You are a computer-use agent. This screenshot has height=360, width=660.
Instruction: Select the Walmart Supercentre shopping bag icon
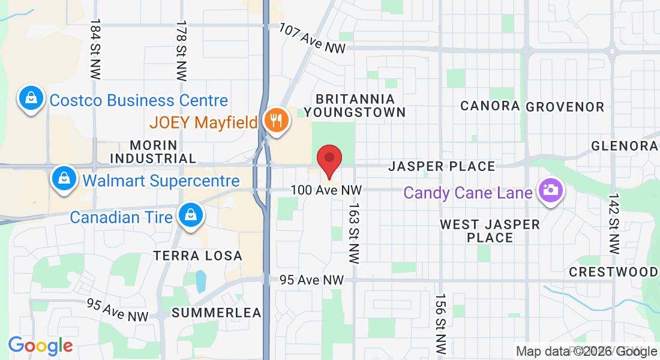pyautogui.click(x=63, y=179)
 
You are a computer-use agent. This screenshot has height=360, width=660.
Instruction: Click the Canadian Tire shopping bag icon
pyautogui.click(x=190, y=215)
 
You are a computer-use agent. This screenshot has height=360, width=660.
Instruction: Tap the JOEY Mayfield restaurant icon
pyautogui.click(x=276, y=121)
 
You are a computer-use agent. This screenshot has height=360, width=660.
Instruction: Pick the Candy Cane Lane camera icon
pyautogui.click(x=550, y=191)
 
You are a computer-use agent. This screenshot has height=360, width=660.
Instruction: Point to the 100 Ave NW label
pyautogui.click(x=326, y=190)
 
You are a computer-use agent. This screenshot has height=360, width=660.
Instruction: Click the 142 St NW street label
pyautogui.click(x=613, y=223)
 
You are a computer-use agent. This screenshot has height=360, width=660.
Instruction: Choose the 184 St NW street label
pyautogui.click(x=95, y=49)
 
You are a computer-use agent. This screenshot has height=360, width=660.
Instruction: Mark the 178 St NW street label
pyautogui.click(x=181, y=50)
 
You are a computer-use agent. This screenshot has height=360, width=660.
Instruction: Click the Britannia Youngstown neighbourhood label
pyautogui.click(x=355, y=105)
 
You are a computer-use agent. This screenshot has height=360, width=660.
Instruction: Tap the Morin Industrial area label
pyautogui.click(x=154, y=152)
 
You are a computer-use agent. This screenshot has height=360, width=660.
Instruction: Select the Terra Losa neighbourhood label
pyautogui.click(x=197, y=256)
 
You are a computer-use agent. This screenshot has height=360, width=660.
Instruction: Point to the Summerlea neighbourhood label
pyautogui.click(x=216, y=313)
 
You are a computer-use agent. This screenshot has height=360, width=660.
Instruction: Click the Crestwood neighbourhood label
pyautogui.click(x=613, y=272)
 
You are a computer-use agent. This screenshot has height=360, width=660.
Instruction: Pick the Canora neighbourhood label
pyautogui.click(x=490, y=106)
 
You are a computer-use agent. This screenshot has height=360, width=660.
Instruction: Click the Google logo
pyautogui.click(x=40, y=345)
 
